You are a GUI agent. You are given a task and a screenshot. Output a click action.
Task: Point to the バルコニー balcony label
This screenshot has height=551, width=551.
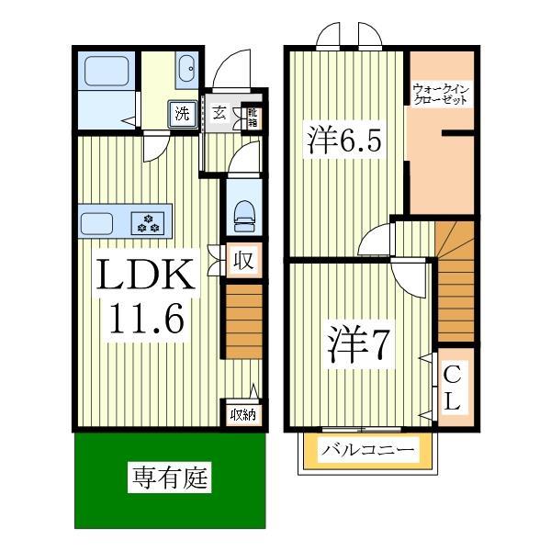[368, 452]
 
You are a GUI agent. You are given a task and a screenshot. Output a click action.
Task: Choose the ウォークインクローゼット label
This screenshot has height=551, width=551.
[441, 95]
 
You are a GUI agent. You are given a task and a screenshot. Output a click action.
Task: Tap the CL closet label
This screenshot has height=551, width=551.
[453, 388]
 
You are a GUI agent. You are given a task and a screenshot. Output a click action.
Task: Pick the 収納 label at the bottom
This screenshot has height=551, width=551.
[242, 414]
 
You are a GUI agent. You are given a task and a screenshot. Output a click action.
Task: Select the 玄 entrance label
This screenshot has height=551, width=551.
[219, 114]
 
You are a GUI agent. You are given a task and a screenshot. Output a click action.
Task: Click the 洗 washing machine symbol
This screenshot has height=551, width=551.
[183, 115]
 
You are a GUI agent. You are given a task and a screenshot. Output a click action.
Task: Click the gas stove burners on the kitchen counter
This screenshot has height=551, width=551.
[149, 222]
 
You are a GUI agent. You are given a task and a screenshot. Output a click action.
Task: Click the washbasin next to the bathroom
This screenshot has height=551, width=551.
[186, 69]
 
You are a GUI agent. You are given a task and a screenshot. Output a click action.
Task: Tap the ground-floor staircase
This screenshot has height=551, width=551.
[243, 320]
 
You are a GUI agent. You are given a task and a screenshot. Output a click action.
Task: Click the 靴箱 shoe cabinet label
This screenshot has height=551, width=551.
[253, 116]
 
